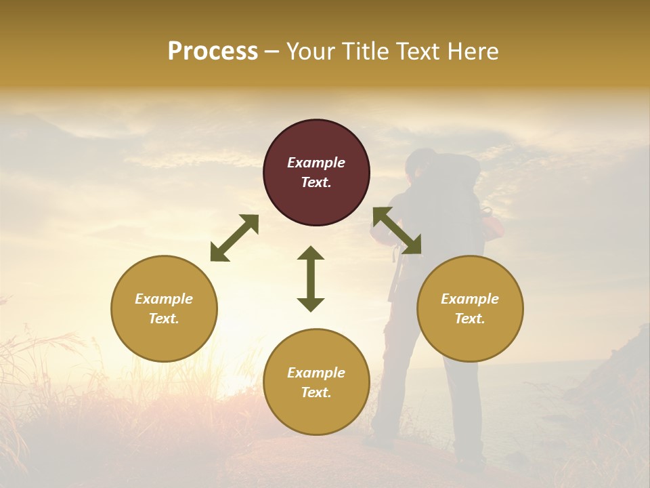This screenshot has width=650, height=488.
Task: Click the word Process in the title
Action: click(x=213, y=52)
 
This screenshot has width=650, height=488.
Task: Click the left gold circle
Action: click(x=164, y=308)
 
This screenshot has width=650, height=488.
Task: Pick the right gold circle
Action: click(x=470, y=308)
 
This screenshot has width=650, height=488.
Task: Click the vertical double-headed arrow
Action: click(x=311, y=279)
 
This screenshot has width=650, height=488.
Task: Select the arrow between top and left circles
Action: click(x=234, y=238)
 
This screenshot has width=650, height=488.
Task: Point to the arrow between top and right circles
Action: click(x=397, y=230)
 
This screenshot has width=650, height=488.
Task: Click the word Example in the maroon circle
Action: click(x=316, y=163)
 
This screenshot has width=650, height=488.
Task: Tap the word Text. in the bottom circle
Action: click(x=316, y=392)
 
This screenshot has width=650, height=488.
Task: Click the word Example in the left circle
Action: click(x=164, y=299)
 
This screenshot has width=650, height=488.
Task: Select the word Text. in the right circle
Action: click(x=470, y=319)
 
